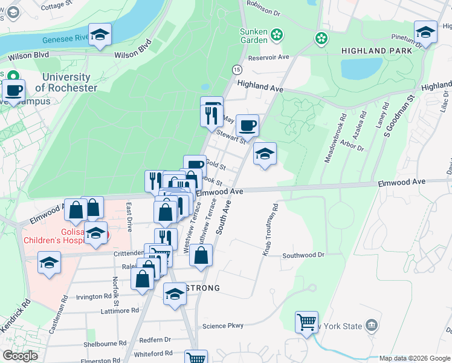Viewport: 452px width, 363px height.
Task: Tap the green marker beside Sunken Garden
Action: pyautogui.click(x=277, y=35)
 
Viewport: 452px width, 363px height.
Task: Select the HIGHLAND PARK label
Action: pyautogui.click(x=376, y=51)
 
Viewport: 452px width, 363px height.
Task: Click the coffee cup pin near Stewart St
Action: pyautogui.click(x=247, y=126)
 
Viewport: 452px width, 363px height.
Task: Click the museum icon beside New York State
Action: pyautogui.click(x=371, y=327)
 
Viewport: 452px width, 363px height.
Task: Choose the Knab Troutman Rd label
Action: pyautogui.click(x=270, y=229)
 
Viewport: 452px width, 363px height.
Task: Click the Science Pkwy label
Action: pyautogui.click(x=223, y=326)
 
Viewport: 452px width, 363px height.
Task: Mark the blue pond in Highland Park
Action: pyautogui.click(x=361, y=68)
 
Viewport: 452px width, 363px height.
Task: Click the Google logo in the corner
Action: pyautogui.click(x=20, y=356)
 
